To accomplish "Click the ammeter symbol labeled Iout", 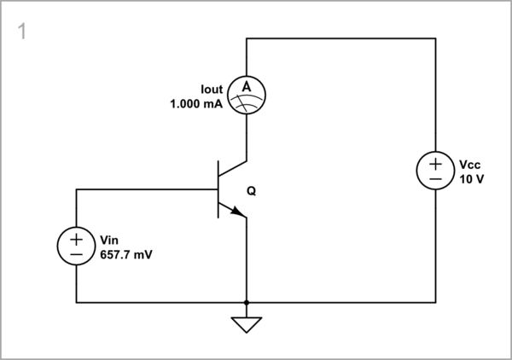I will pos(247,94).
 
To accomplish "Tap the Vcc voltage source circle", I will pos(435,171).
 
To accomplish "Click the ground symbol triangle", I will pos(247,323).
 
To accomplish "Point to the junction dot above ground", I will pos(247,302).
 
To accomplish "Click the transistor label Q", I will pos(251,192).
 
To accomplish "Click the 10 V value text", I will pos(471,179).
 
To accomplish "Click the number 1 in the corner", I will pos(20,32).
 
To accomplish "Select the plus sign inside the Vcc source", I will pos(435,164).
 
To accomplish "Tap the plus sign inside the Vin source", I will pos(76,239).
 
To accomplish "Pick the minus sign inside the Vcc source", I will pos(435,180).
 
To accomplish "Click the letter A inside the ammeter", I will pos(247,88).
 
